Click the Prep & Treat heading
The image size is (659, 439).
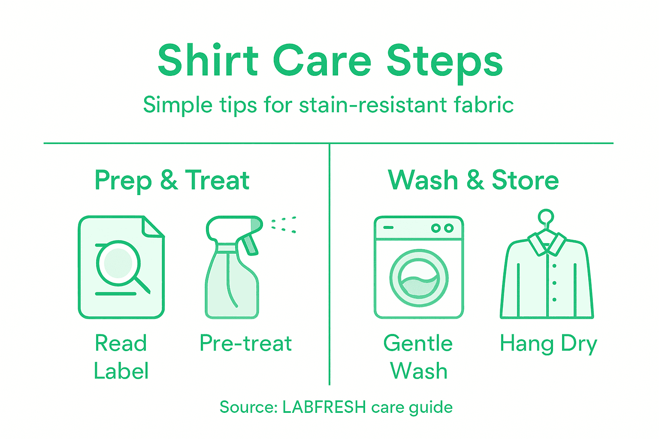[172, 180]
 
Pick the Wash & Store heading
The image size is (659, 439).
[473, 180]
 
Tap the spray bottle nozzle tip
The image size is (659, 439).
[256, 224]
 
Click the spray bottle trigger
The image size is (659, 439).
[249, 244]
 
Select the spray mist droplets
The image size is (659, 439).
[284, 225]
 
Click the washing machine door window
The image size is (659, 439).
[419, 278]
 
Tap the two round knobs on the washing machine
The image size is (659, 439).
[442, 228]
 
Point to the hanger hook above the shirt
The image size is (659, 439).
[546, 217]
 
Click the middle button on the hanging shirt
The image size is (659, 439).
[554, 283]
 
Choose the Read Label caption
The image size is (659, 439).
[121, 357]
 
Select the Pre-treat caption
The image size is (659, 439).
[246, 343]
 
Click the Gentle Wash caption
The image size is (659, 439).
[418, 357]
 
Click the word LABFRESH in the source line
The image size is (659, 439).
[324, 407]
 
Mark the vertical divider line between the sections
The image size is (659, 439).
[329, 266]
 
